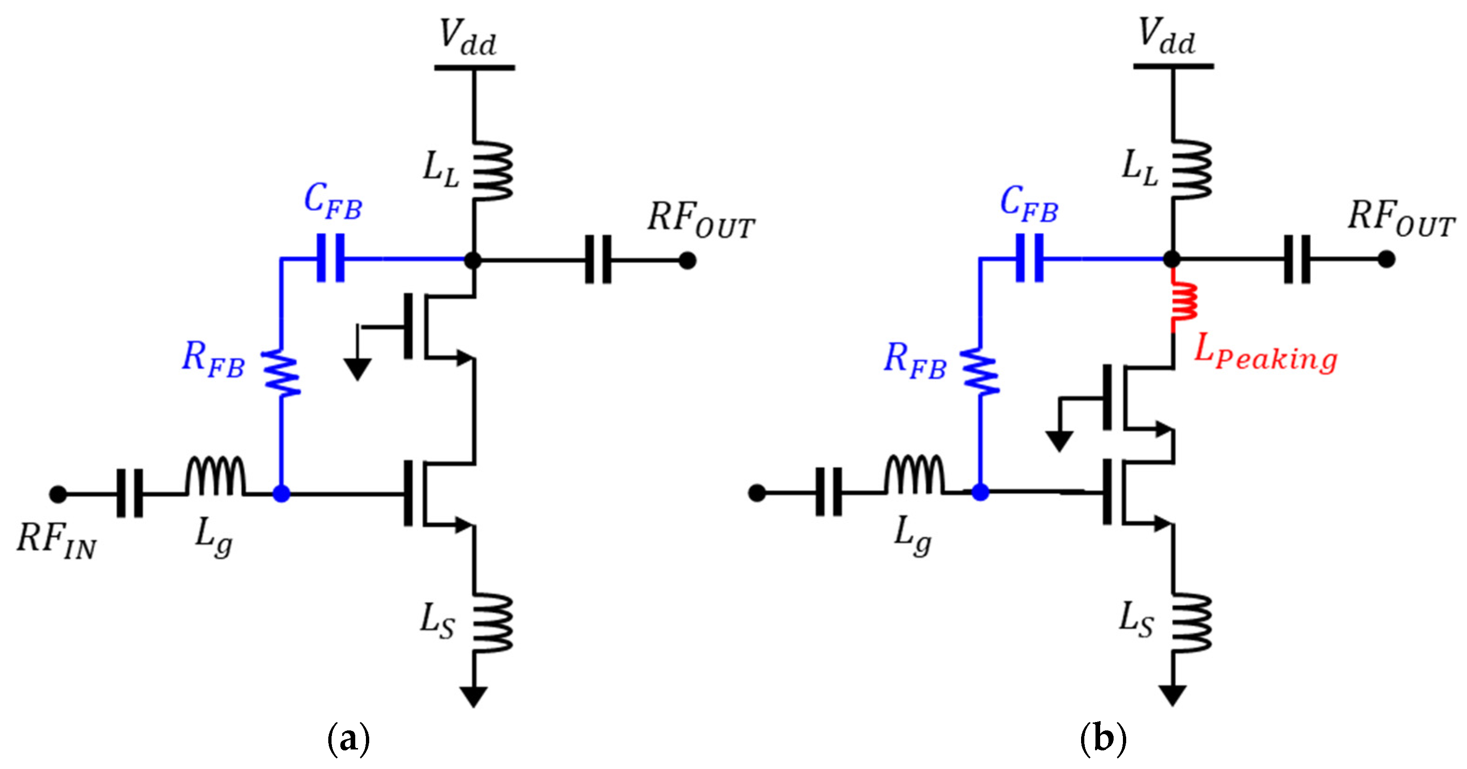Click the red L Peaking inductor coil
(1183, 302)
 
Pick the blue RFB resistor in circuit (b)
(980, 371)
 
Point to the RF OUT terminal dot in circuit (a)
(687, 261)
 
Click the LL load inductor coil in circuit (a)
(492, 171)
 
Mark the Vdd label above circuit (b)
(1166, 37)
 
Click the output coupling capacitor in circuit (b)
(1297, 259)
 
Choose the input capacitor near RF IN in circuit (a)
(130, 493)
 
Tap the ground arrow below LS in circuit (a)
(473, 696)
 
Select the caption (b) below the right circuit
(1103, 739)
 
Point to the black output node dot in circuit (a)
(473, 261)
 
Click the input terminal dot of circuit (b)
(756, 493)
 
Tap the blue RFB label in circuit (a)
(213, 360)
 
